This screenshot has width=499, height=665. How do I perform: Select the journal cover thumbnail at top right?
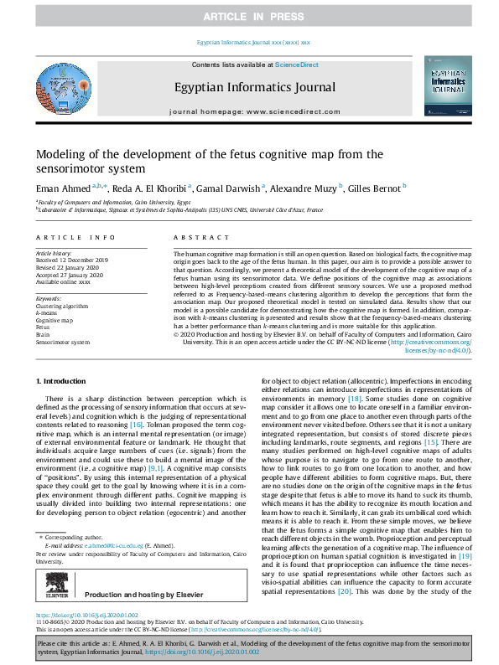tap(448, 87)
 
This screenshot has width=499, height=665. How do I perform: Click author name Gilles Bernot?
tap(376, 188)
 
